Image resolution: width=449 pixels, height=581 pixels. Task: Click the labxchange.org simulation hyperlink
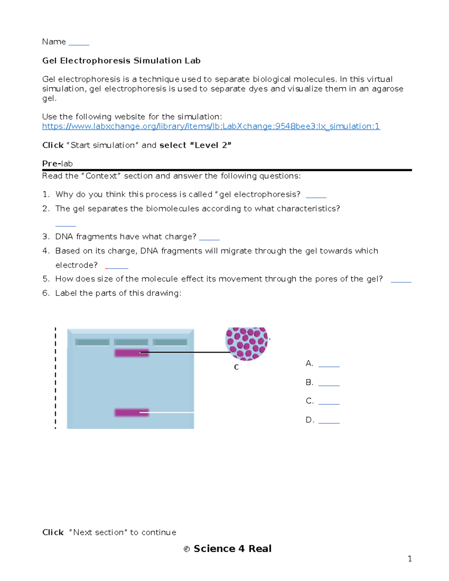211,126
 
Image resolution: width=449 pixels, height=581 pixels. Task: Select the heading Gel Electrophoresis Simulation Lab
121,61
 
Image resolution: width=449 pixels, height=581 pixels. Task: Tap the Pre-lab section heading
57,163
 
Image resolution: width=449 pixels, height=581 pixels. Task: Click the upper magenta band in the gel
131,353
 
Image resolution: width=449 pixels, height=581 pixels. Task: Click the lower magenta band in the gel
131,412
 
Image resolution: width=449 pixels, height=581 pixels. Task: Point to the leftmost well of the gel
92,342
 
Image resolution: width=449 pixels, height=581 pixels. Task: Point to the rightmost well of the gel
170,342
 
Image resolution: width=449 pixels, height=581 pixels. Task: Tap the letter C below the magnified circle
236,367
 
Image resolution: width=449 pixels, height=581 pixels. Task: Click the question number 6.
46,293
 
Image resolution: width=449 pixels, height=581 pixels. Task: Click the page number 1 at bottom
410,559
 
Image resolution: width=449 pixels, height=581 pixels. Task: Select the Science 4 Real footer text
232,548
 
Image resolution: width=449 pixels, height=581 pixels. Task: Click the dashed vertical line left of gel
55,378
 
